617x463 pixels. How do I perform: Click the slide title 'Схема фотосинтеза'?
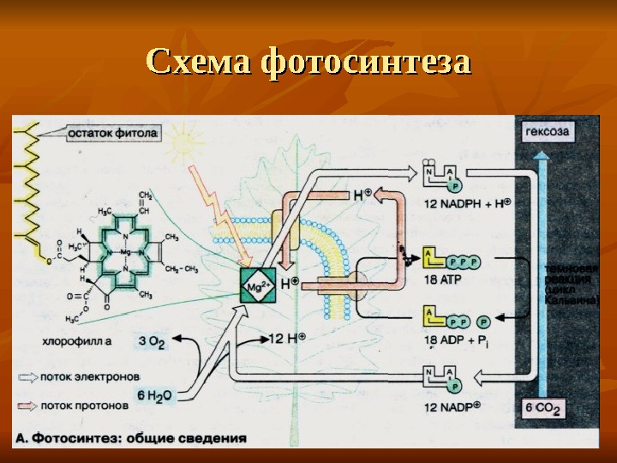click(x=308, y=63)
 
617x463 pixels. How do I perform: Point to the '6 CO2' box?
click(x=543, y=409)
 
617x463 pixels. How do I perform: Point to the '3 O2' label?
click(x=152, y=341)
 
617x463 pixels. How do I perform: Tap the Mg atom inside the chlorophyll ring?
click(x=126, y=254)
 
